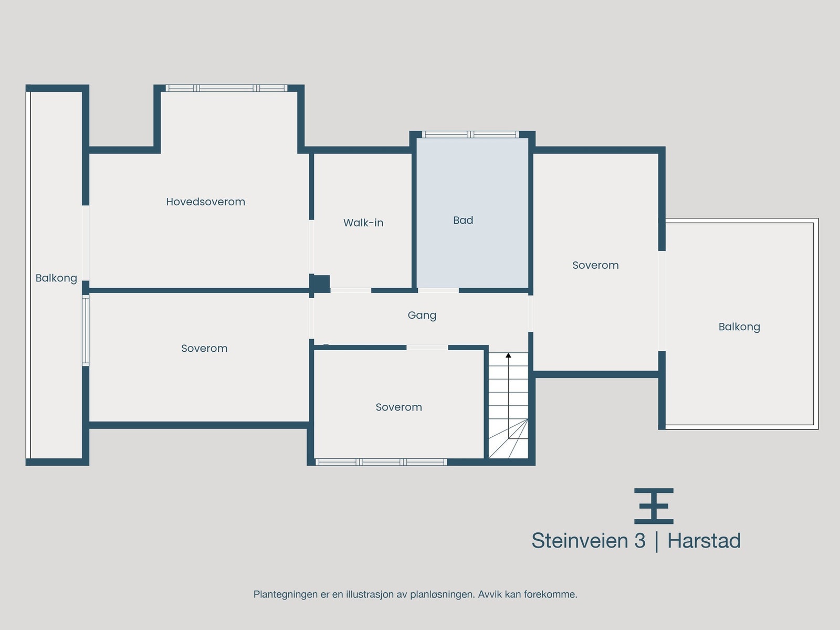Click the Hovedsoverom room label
tap(205, 202)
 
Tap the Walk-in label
tap(363, 223)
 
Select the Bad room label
tap(463, 220)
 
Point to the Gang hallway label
tap(422, 315)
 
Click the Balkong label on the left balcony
tap(56, 278)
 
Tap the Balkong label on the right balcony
tap(739, 327)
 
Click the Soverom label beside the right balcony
tap(595, 265)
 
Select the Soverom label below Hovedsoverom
tap(204, 348)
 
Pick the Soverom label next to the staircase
tap(398, 407)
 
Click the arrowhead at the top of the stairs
tap(508, 355)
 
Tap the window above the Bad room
tap(470, 134)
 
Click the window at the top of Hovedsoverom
tap(226, 88)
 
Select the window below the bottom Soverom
tap(381, 462)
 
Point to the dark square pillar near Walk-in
tap(319, 283)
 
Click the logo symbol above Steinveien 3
tap(654, 506)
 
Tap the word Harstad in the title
tap(703, 541)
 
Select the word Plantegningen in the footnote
tap(286, 594)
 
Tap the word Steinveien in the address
tap(580, 541)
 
